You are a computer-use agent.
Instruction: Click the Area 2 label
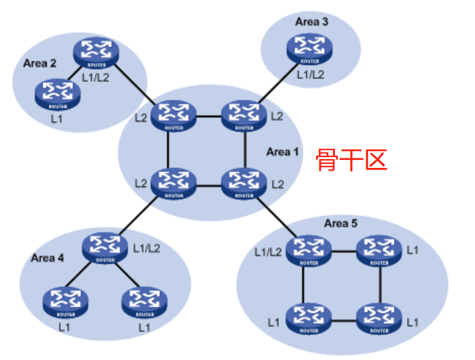(40, 64)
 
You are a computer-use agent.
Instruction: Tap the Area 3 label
(312, 22)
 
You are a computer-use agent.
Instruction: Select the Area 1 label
(283, 151)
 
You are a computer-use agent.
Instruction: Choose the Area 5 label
(341, 223)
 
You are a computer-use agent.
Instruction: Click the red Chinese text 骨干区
(351, 159)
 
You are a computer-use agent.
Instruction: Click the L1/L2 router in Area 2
(96, 51)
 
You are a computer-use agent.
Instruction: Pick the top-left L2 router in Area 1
(173, 115)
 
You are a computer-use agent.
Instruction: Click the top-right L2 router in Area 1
(242, 115)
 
